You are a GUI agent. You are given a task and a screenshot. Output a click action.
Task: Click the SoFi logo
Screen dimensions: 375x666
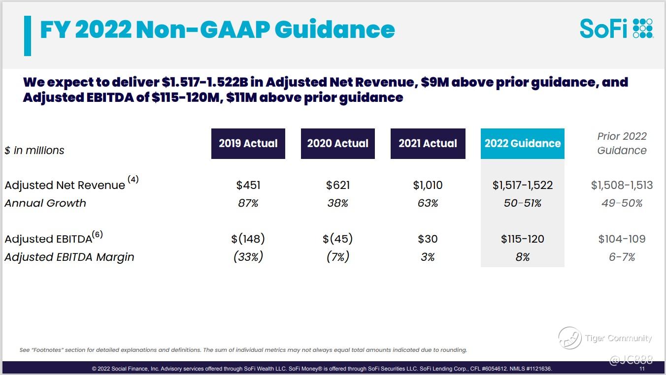[616, 29]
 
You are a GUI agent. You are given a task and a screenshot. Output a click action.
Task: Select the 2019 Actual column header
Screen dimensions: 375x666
[248, 144]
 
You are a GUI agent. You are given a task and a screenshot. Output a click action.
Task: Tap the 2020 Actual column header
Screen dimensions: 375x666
[338, 144]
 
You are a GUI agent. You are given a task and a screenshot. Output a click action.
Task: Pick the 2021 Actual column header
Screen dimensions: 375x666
[428, 144]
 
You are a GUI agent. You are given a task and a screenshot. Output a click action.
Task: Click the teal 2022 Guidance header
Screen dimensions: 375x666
[523, 144]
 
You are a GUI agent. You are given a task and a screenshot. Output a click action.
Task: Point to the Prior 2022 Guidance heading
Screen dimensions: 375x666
[622, 143]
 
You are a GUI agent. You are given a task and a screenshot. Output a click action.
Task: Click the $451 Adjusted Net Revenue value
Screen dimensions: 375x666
[248, 186]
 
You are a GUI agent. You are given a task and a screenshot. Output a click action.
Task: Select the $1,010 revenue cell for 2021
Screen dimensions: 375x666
[428, 186]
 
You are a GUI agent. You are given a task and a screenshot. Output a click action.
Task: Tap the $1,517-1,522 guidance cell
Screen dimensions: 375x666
[523, 186]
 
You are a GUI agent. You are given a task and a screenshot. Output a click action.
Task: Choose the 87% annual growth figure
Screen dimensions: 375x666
[248, 203]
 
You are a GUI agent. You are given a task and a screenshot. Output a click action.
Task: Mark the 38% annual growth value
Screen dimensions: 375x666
[338, 203]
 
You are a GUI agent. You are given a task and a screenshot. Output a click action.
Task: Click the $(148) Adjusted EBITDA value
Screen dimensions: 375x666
[248, 239]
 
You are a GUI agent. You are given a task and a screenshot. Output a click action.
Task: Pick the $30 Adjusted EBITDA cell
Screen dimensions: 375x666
[428, 239]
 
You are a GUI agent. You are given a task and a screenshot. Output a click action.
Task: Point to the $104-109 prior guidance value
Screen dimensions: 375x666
[622, 239]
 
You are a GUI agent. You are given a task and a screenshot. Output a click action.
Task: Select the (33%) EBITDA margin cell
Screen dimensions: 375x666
[248, 257]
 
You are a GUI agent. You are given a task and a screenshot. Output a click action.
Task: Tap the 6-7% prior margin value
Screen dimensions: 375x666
[622, 257]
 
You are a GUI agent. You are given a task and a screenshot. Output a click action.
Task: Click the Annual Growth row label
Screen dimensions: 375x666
[45, 203]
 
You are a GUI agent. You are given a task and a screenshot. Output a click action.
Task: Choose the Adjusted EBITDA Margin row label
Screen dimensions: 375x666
[69, 257]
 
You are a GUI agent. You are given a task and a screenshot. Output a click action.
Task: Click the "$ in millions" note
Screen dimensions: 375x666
[34, 151]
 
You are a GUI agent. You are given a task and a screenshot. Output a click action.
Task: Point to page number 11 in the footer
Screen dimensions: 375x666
[642, 369]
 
